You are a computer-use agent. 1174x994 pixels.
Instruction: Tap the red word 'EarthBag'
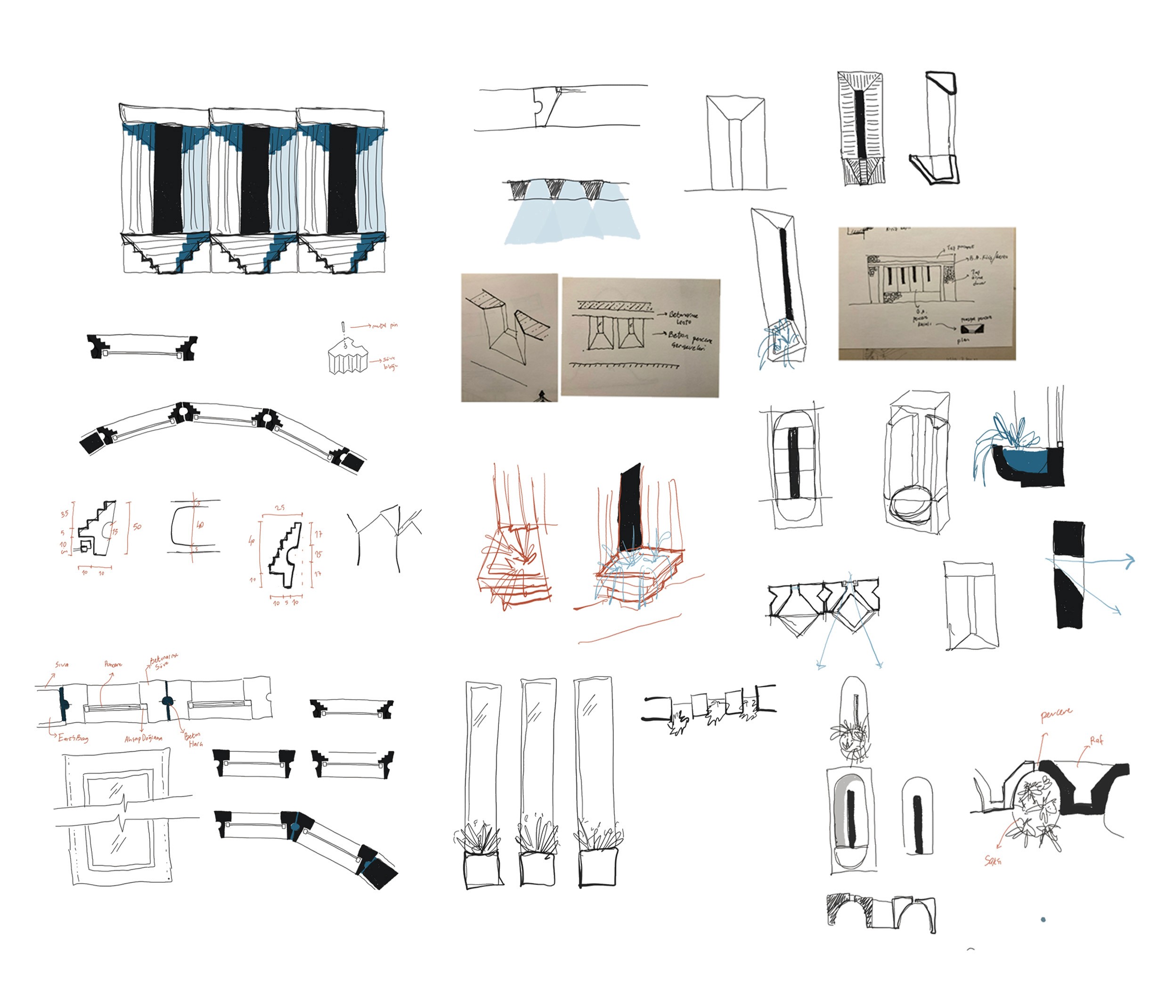[73, 738]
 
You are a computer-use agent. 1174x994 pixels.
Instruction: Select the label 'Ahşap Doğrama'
[143, 738]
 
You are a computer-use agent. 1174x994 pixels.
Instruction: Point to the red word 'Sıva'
[62, 664]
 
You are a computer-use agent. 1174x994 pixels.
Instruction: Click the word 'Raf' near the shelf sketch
[1096, 741]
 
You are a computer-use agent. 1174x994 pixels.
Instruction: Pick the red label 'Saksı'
[993, 861]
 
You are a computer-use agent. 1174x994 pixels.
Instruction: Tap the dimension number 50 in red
[137, 526]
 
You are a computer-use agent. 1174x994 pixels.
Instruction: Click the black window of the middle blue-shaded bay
[255, 179]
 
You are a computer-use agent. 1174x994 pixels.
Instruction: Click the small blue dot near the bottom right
[1043, 920]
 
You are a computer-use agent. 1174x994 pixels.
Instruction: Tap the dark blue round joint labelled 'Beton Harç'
[167, 701]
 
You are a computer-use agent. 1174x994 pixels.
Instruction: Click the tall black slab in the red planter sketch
[629, 508]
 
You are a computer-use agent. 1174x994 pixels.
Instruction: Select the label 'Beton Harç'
[193, 739]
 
